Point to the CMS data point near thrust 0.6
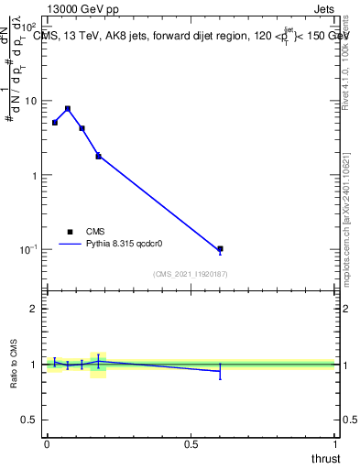220,249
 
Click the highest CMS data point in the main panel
68,108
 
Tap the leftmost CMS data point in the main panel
55,122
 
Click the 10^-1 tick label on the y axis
27,249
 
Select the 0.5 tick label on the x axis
191,443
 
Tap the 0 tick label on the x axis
47,443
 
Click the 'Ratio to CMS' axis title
14,365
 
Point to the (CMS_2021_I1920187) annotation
191,274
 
